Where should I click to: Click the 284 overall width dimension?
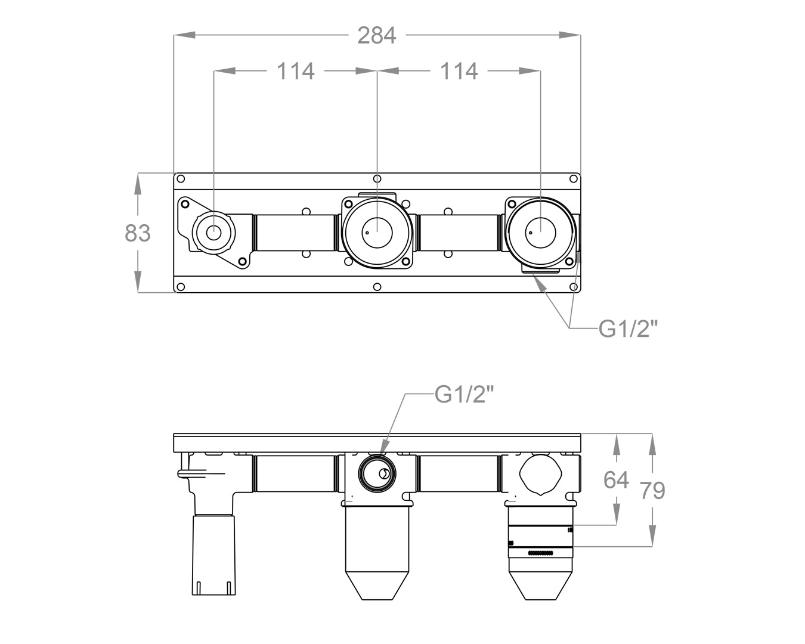[x=376, y=35]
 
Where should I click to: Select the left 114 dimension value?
[x=295, y=71]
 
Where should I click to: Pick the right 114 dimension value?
[x=459, y=71]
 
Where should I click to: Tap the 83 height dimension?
[x=138, y=233]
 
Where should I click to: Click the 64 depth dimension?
[x=616, y=479]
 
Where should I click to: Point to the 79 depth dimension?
[x=652, y=490]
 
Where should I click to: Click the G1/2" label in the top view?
[x=628, y=327]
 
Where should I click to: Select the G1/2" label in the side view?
[x=465, y=394]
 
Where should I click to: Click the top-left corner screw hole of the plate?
[x=181, y=178]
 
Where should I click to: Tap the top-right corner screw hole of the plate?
[x=573, y=178]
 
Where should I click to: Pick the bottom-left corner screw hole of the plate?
[x=181, y=287]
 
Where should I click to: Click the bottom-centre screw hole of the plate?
[x=377, y=287]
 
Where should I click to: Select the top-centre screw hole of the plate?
[x=377, y=178]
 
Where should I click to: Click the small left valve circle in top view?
[x=213, y=231]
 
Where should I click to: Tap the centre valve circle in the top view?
[x=377, y=231]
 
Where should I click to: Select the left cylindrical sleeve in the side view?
[x=213, y=555]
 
